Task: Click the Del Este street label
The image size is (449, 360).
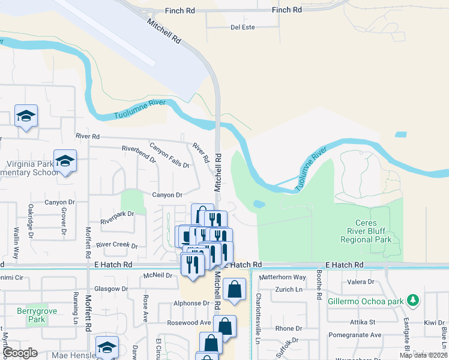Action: coord(243,28)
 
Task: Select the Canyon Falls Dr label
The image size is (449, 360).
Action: coord(169,155)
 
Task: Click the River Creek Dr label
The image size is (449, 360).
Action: coord(117,245)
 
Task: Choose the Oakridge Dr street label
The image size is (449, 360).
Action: coord(31,219)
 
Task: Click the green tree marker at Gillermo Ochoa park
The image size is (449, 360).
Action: coord(412,299)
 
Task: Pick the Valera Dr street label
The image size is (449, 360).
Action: coord(361,281)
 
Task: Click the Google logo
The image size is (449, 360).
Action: coord(20,353)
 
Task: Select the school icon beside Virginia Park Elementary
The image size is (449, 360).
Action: coord(65,161)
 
